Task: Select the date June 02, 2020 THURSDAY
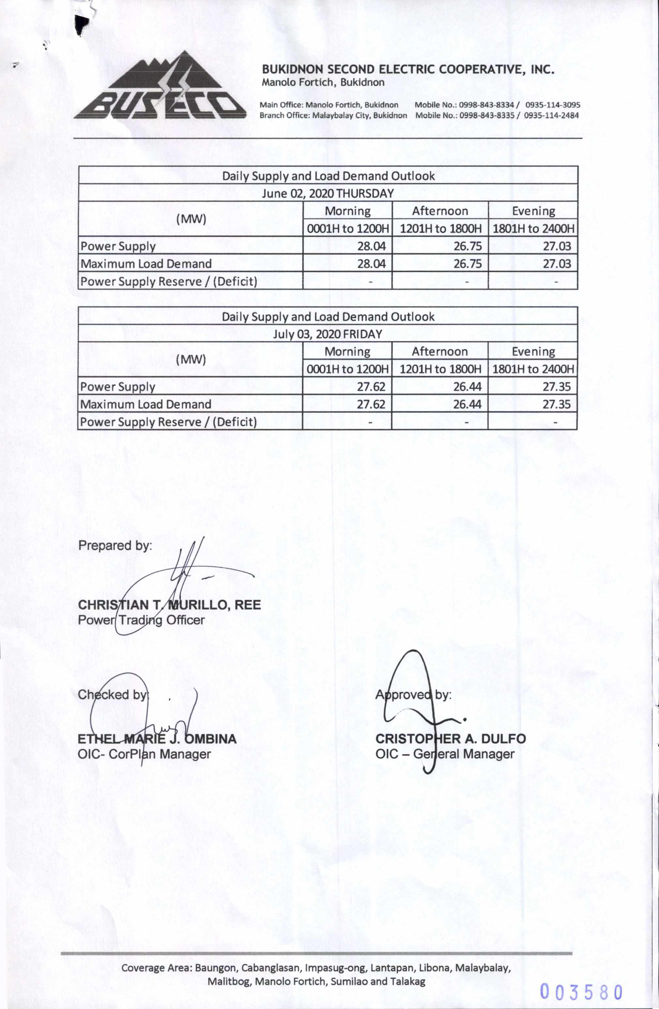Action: pos(328,193)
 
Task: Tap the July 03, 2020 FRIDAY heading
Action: pos(328,334)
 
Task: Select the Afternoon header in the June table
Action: pos(440,211)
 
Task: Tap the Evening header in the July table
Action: pos(533,351)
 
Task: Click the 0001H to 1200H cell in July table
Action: pos(347,369)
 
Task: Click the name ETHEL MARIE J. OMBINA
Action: pos(157,739)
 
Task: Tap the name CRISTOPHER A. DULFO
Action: pos(450,739)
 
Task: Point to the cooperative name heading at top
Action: pos(408,69)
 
